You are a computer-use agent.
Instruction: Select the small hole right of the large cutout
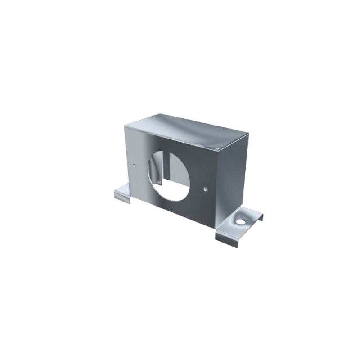tap(205, 189)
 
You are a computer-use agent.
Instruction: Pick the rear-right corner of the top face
tap(248, 134)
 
